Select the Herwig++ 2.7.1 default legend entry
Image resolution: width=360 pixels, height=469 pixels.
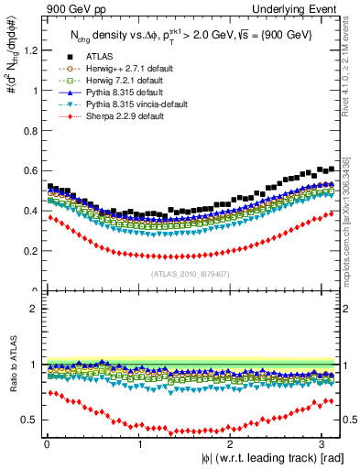tap(124, 69)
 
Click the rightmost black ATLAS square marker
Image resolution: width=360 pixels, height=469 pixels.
tap(332, 169)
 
